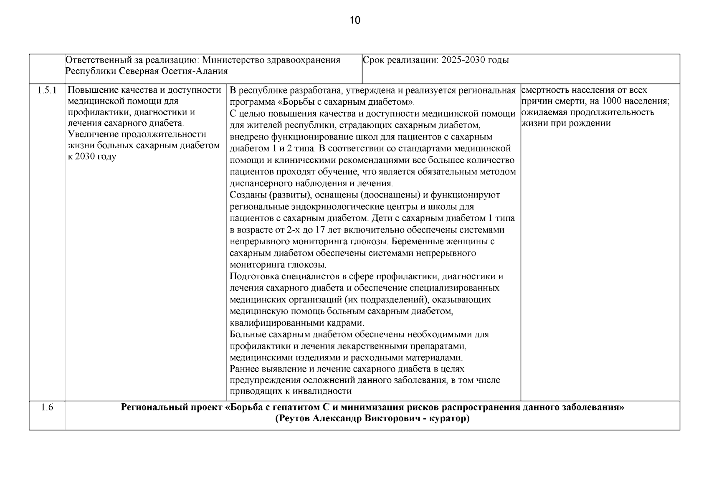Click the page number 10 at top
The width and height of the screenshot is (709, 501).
click(354, 20)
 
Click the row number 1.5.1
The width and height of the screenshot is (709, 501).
click(47, 90)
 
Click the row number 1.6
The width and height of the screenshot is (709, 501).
click(47, 407)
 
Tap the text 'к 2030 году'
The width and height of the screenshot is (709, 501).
click(92, 157)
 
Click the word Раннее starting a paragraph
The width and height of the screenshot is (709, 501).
click(245, 369)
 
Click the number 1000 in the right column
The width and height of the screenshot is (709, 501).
click(607, 101)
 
